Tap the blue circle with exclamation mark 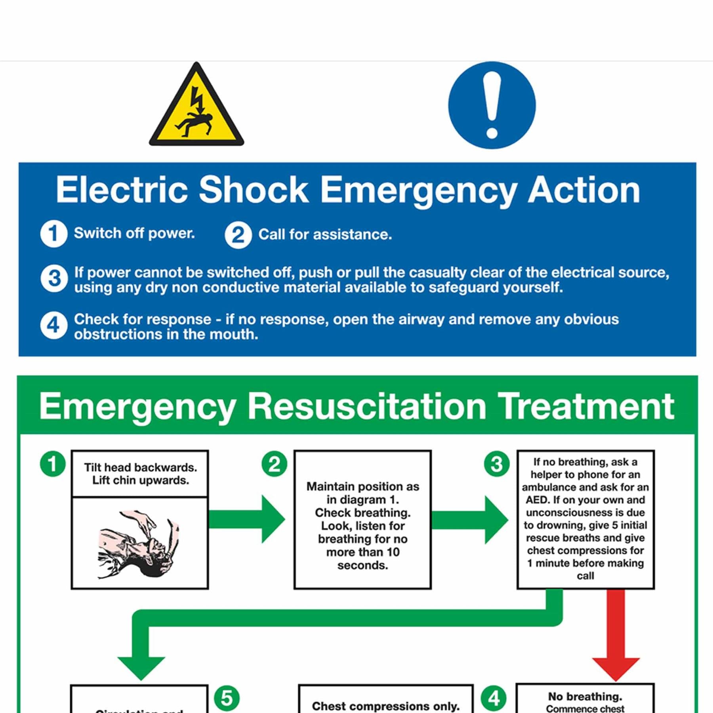click(x=492, y=105)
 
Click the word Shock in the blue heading click(x=253, y=190)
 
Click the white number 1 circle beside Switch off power click(x=53, y=234)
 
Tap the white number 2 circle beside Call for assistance click(x=238, y=235)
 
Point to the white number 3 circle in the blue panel click(x=54, y=278)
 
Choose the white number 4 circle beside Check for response click(x=53, y=326)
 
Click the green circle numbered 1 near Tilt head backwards click(x=53, y=464)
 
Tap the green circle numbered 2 click(x=274, y=464)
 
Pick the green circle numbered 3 click(x=497, y=464)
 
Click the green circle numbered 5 click(x=227, y=698)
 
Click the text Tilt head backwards click(x=140, y=467)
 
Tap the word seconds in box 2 click(x=362, y=565)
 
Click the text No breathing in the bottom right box click(x=585, y=696)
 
